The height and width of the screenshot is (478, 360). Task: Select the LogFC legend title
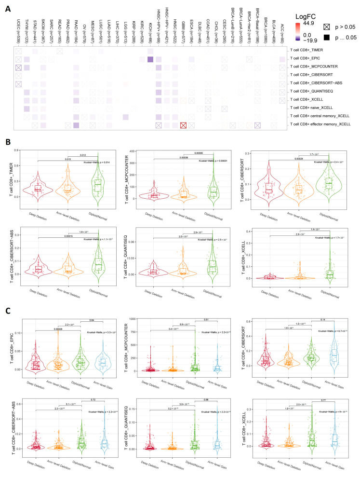coord(321,8)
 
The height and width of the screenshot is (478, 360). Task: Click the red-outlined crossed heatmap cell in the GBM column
coord(183,125)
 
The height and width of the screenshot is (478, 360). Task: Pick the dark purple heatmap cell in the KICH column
coord(150,59)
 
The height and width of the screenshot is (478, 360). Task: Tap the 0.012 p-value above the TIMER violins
coord(68,155)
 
